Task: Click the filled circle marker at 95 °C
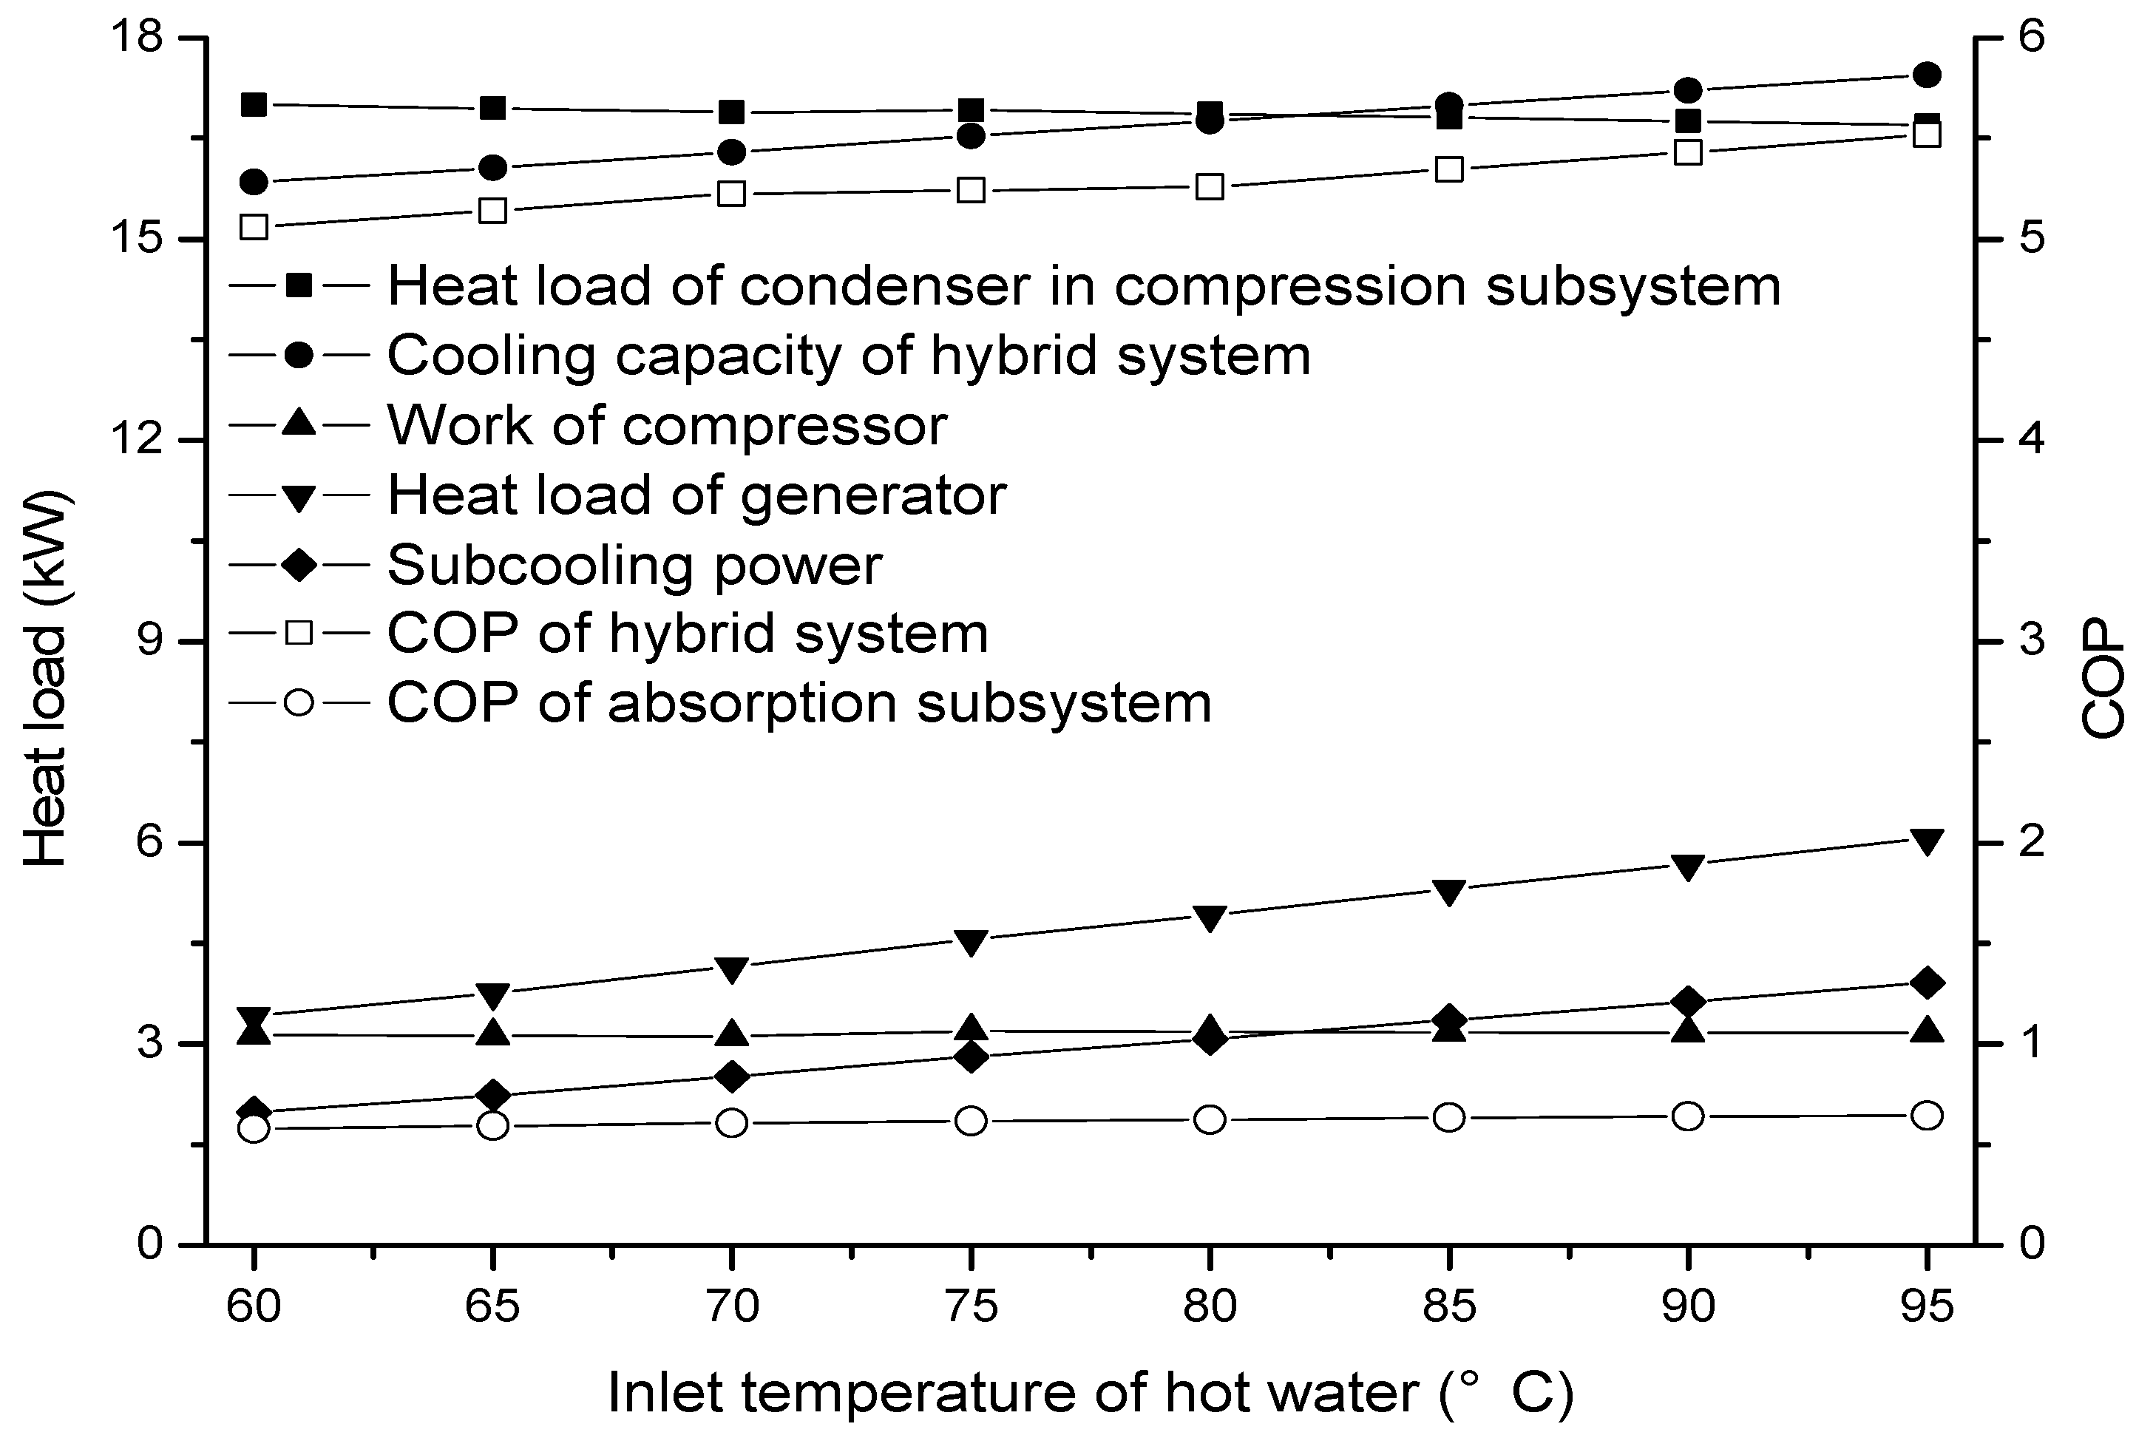coord(1927,75)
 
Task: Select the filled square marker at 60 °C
coord(254,104)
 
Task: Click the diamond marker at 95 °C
coord(1927,983)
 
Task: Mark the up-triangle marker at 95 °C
coord(1927,1030)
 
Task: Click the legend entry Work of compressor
coord(667,426)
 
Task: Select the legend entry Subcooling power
coord(634,565)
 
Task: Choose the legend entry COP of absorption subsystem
coord(799,703)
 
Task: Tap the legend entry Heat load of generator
coord(697,495)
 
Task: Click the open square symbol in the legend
coord(299,633)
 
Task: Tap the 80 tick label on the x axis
coord(1210,1308)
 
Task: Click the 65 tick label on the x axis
coord(492,1308)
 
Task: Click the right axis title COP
coord(2102,680)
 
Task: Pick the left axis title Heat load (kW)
coord(46,679)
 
